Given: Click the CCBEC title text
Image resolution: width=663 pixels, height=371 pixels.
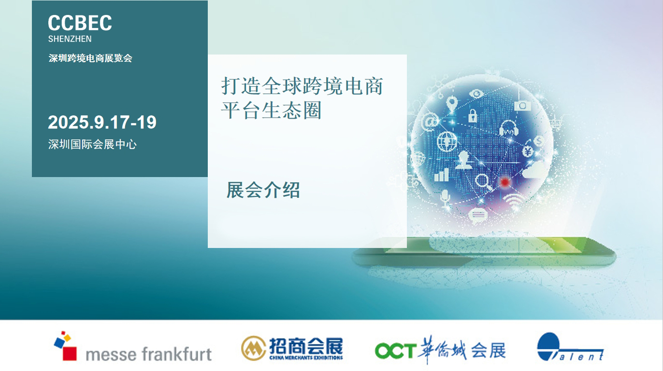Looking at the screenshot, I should tap(80, 23).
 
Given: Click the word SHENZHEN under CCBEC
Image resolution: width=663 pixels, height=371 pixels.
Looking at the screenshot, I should tap(70, 39).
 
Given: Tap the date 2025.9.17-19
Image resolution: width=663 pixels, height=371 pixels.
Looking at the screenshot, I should tap(102, 123).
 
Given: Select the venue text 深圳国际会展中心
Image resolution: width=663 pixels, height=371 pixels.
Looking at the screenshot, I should tap(92, 144).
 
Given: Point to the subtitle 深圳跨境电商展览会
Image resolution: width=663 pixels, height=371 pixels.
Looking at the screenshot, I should tap(90, 58).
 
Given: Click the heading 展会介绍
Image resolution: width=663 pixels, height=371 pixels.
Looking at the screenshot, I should tap(263, 191).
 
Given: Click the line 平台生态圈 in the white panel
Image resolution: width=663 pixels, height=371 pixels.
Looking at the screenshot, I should tap(272, 110).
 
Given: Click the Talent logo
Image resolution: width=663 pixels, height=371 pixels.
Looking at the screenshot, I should tap(570, 348).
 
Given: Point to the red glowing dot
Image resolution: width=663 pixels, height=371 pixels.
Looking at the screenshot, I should tap(504, 182).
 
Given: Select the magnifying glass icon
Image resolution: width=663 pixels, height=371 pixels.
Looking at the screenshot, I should tap(483, 182).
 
